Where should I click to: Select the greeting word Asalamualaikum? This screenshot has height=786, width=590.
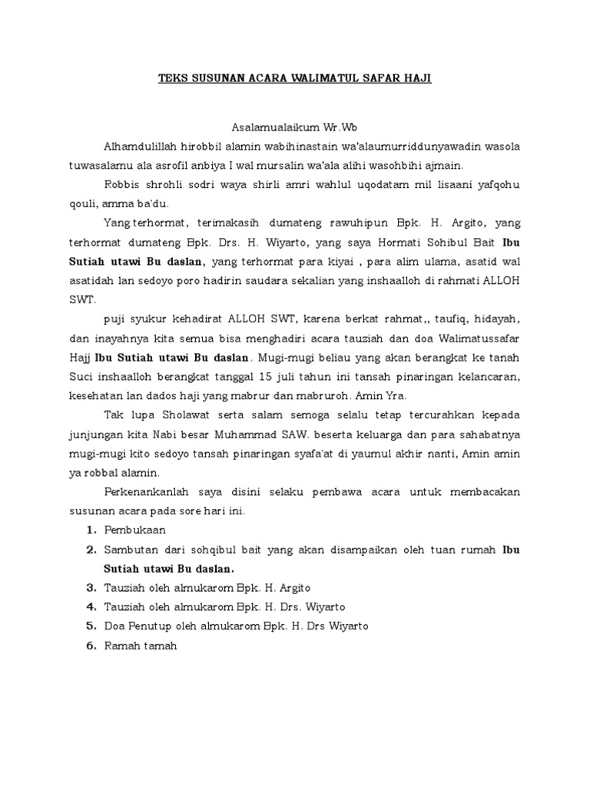267,126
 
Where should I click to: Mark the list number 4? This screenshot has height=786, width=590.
91,607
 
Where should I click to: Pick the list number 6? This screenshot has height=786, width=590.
91,646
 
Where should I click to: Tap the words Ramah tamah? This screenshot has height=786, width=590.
140,646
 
